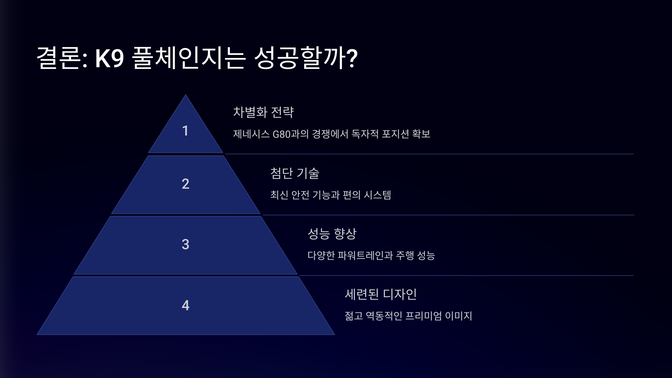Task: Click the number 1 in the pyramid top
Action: click(x=185, y=131)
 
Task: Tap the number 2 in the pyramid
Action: click(x=185, y=184)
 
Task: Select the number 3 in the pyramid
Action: click(x=185, y=244)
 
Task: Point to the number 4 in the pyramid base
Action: click(x=185, y=305)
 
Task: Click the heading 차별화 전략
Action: click(x=263, y=112)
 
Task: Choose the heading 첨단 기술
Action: click(x=295, y=173)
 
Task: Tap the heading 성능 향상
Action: click(x=332, y=234)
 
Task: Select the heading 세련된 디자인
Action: click(x=381, y=294)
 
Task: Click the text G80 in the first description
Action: click(x=281, y=134)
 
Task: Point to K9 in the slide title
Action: click(x=109, y=58)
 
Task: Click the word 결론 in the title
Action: click(x=59, y=58)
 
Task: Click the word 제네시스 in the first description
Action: click(x=251, y=134)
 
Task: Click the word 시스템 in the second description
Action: click(x=377, y=195)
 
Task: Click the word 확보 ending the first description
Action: click(x=421, y=134)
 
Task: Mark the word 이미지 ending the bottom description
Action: click(x=458, y=316)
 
